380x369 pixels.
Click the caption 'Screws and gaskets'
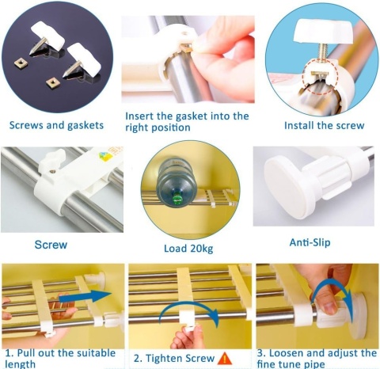point(56,125)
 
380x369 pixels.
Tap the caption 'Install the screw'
point(325,125)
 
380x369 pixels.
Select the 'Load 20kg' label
point(188,249)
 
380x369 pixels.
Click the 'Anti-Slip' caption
point(310,242)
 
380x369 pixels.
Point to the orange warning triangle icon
point(225,359)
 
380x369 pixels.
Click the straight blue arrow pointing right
point(85,296)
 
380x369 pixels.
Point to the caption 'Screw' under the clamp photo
point(51,245)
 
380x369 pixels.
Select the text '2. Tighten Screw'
point(173,359)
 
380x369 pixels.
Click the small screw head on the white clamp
point(53,172)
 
